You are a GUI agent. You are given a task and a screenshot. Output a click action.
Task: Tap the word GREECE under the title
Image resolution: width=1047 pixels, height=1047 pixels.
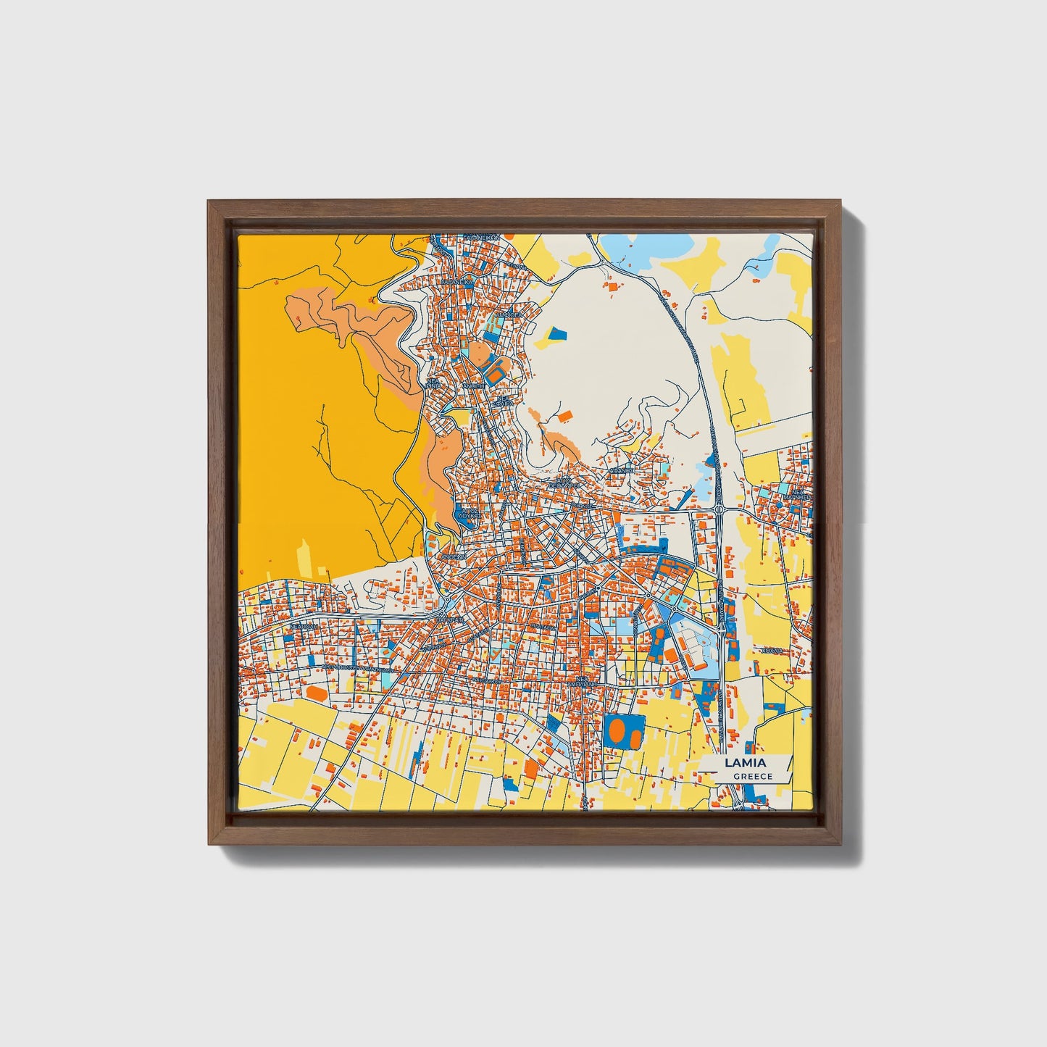point(752,776)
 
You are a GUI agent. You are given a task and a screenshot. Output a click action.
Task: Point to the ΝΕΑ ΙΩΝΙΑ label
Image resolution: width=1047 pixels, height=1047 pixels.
point(433,383)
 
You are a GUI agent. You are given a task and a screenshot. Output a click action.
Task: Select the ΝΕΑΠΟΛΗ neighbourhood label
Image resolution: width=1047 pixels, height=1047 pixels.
point(305,626)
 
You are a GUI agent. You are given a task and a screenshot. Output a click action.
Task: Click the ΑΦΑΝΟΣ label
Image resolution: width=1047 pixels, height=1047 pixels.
point(621,470)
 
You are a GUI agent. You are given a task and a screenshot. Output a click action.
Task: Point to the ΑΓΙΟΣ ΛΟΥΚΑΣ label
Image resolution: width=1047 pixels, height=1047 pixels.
point(470,513)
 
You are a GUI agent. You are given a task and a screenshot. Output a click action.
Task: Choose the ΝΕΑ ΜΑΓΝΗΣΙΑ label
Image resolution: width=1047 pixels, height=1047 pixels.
point(799,495)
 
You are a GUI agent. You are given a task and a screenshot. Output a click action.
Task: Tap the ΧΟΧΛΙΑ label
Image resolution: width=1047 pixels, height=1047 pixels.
point(772,651)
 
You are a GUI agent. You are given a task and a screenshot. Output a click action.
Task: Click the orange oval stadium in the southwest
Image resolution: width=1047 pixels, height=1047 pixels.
point(316,693)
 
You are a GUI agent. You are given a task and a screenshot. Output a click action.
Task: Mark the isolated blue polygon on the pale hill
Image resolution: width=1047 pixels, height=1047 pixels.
point(556,333)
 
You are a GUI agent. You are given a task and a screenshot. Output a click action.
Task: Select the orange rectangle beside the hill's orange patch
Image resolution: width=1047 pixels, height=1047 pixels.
point(564,415)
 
